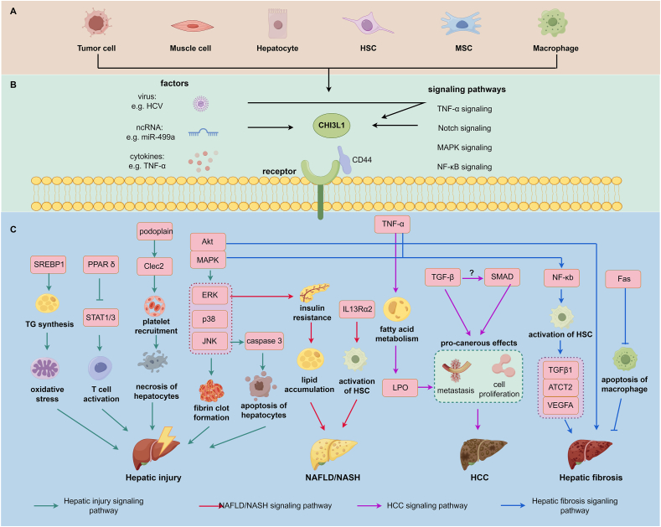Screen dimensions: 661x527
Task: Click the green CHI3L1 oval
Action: point(332,125)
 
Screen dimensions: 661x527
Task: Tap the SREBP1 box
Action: point(49,265)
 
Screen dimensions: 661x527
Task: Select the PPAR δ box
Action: point(101,265)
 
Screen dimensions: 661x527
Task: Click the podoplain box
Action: point(155,231)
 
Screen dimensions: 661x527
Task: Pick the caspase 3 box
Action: point(264,341)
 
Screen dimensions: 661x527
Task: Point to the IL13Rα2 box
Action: point(357,309)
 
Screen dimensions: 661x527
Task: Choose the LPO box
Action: point(400,387)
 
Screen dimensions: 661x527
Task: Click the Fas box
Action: point(623,279)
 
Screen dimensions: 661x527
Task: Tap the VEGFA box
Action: point(560,406)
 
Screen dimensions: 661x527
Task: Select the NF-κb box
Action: point(562,278)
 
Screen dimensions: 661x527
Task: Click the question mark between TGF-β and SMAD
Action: point(472,272)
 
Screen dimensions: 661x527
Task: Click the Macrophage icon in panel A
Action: point(552,23)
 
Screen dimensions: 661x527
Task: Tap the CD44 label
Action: point(362,160)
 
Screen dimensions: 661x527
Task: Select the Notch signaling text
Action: point(464,127)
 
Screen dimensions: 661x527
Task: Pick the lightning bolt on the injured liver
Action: point(166,438)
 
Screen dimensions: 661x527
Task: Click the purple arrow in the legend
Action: point(369,505)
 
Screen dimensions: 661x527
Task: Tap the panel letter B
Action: point(13,85)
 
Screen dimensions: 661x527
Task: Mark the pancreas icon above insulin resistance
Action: point(314,292)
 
